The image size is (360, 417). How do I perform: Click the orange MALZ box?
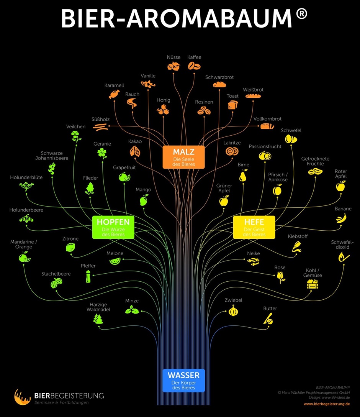click(x=184, y=157)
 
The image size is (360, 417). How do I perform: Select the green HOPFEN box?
click(x=113, y=227)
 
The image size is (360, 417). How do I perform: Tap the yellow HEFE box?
click(x=254, y=227)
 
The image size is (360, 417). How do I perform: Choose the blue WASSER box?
click(x=183, y=380)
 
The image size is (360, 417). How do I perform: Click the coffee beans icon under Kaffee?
click(x=194, y=66)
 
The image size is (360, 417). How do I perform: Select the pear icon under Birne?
click(x=243, y=176)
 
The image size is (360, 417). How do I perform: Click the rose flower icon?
click(x=281, y=277)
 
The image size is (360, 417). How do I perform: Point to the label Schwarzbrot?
click(x=219, y=77)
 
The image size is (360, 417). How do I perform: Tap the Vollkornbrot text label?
click(x=267, y=119)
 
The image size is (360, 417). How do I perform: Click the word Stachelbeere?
click(x=56, y=274)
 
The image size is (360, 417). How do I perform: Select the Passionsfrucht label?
click(x=265, y=146)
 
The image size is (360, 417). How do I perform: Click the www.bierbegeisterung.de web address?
click(x=327, y=404)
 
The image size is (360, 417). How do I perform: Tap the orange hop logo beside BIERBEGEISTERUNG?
click(x=23, y=397)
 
